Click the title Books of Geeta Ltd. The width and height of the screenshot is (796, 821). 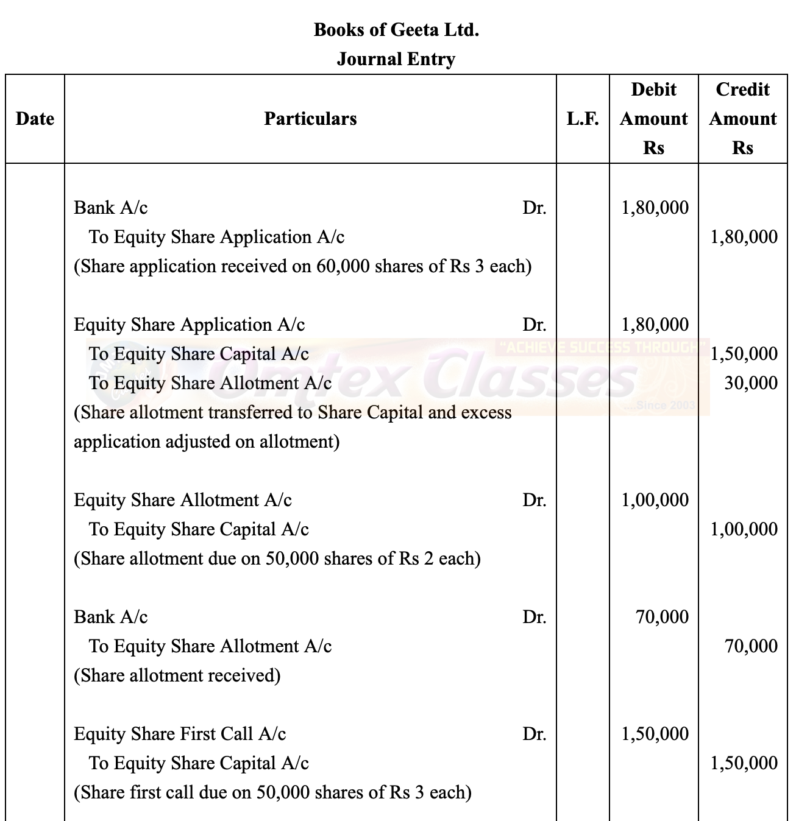point(396,29)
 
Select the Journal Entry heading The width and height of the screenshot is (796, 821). point(396,59)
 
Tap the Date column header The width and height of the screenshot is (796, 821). point(35,119)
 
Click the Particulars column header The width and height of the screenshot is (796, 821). point(310,119)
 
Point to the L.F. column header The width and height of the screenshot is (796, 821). point(583,119)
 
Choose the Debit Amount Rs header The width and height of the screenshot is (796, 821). point(653,119)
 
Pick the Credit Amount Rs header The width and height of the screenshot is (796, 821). point(742,119)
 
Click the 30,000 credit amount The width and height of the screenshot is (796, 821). point(751,383)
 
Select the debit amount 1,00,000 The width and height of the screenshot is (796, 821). point(655,500)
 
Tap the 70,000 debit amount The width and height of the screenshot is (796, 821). point(662,617)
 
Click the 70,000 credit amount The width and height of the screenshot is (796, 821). point(751,646)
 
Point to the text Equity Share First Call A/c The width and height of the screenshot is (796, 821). point(180,734)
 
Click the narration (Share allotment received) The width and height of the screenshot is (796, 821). point(177,675)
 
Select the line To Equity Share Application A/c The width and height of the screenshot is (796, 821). point(216,237)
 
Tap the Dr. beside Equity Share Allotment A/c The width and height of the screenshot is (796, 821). point(534,500)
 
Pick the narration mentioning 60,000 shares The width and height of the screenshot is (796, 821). point(302,266)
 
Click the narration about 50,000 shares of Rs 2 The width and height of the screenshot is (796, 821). point(277,558)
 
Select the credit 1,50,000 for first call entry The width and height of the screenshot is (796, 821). point(744,763)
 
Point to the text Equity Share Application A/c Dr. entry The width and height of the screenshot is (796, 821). point(189,325)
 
